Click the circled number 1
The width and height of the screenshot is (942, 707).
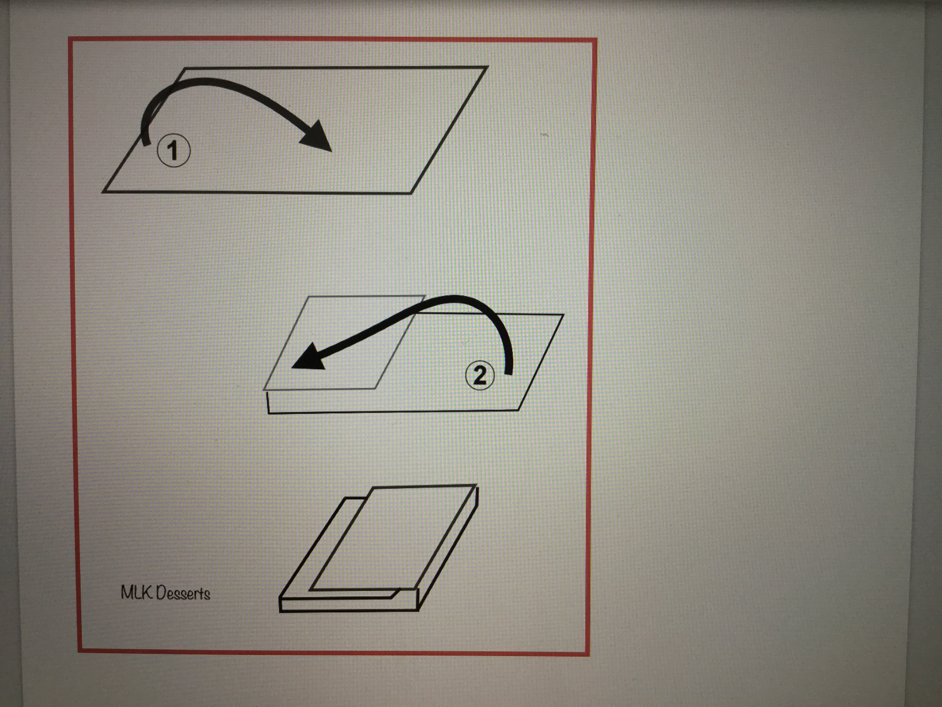coord(173,151)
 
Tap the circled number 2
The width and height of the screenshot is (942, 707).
coord(480,375)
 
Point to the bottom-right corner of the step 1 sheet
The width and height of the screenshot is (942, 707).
coord(411,193)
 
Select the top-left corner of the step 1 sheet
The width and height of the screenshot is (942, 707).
coord(185,68)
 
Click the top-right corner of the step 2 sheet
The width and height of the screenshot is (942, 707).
coord(563,315)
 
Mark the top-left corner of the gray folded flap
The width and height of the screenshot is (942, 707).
coord(307,297)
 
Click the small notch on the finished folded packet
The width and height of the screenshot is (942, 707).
coord(396,592)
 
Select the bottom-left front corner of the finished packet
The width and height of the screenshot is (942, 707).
coord(280,611)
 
